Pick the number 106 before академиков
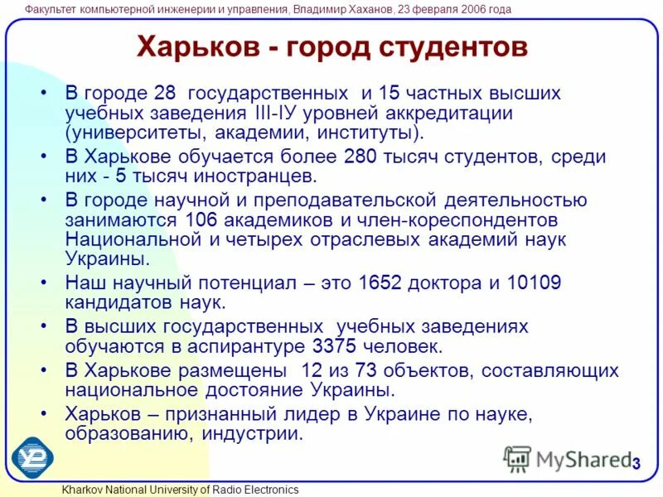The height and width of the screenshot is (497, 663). (x=201, y=220)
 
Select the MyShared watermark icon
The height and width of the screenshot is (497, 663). (x=517, y=459)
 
